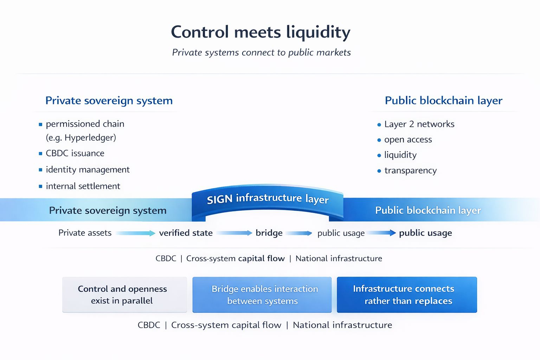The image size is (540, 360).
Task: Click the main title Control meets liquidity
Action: coord(261,32)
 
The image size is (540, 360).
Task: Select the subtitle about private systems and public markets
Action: coord(261,52)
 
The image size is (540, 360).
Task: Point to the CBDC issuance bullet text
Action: coord(75,153)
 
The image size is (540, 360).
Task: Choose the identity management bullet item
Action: coord(88,169)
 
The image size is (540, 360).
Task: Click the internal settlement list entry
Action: coord(83,186)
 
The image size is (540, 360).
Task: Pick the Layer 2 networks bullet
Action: coord(419,124)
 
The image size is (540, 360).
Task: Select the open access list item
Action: coord(408,140)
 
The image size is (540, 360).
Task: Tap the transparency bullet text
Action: coord(410,171)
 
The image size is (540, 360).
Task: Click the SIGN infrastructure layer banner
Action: coord(268,199)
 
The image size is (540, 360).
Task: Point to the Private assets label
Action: coord(85,233)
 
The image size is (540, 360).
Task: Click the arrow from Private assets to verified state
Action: coord(135,233)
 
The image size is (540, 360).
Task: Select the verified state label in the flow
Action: coord(186,233)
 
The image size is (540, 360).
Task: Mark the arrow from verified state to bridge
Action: coord(234,233)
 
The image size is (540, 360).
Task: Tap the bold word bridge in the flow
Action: coord(269,233)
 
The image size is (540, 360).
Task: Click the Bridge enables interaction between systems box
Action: coord(262,295)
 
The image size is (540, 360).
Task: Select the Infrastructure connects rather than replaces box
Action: coord(407,295)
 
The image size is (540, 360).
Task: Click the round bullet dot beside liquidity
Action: coord(379,155)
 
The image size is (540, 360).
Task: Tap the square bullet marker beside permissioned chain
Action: coord(40,124)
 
